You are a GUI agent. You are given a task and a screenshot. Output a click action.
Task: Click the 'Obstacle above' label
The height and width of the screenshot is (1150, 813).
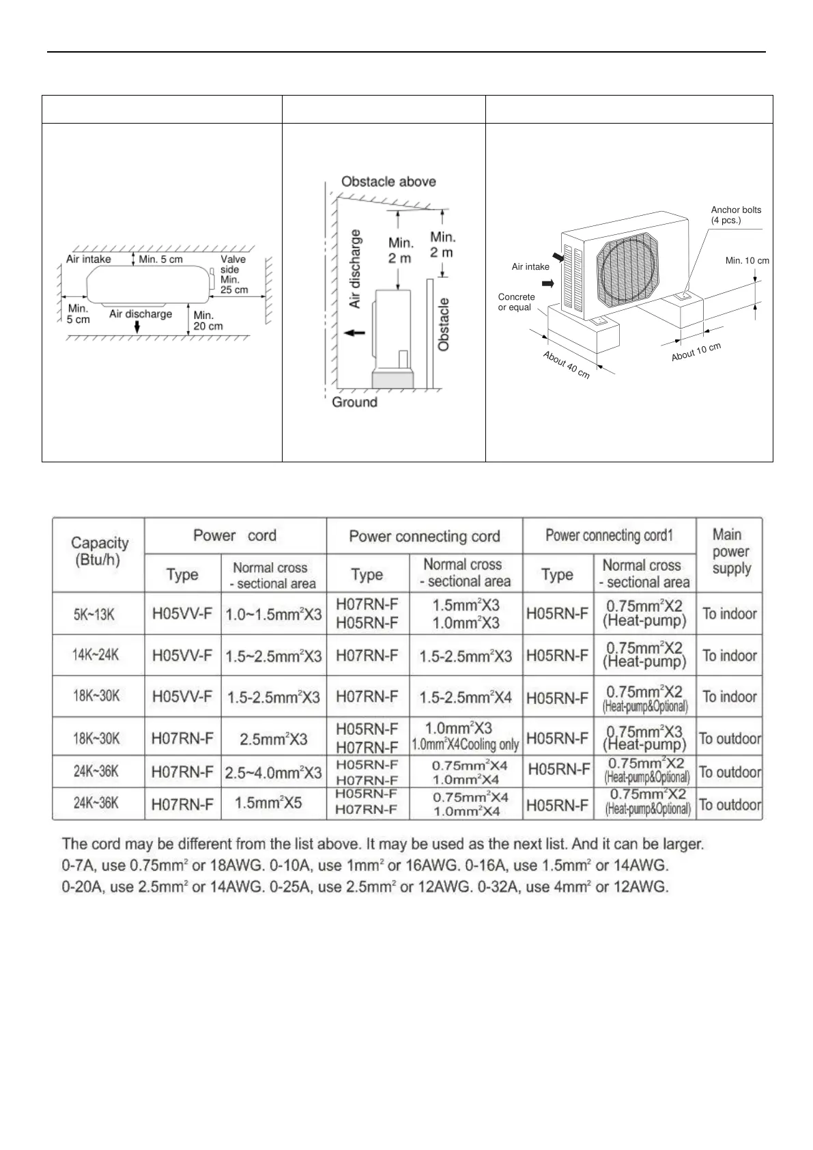388,182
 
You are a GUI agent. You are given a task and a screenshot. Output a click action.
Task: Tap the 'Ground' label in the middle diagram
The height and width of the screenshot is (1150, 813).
354,402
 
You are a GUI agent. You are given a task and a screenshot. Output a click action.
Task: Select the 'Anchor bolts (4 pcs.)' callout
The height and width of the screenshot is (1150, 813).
735,215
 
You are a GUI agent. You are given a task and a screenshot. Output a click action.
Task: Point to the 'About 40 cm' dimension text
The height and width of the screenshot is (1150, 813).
566,365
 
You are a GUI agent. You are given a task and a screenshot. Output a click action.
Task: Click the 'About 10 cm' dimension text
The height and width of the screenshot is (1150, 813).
696,352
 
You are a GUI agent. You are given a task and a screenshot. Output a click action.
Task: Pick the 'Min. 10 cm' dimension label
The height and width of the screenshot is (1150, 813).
747,261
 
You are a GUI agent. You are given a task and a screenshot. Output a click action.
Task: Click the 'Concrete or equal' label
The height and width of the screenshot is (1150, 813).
516,302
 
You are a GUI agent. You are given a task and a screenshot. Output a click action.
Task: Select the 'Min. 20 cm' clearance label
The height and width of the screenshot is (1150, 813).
208,320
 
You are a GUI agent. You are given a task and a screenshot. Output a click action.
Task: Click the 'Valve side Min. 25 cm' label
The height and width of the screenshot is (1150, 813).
233,274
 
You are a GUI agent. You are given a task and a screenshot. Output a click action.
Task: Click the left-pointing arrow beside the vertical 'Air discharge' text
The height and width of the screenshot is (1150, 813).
354,333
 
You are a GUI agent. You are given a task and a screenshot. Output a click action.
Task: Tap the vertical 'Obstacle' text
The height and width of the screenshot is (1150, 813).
444,324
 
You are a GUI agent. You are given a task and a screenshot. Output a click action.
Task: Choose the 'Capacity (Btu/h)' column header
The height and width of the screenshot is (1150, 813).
99,550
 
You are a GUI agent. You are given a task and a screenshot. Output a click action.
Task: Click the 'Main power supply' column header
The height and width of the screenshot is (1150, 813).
730,551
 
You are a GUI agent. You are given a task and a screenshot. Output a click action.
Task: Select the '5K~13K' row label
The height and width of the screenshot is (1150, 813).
94,614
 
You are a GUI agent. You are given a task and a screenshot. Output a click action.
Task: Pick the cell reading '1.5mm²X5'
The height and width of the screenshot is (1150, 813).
268,803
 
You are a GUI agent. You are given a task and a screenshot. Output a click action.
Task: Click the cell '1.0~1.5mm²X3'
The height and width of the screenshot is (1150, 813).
273,614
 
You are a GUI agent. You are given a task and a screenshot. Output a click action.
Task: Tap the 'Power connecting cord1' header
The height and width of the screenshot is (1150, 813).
609,535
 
